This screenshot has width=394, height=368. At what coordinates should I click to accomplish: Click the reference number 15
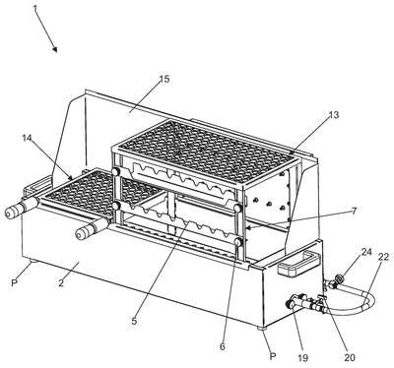(164, 79)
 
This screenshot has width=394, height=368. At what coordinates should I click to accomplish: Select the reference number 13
(334, 115)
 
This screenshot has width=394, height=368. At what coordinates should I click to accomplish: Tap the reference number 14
(27, 138)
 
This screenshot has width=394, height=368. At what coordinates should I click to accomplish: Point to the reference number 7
(354, 211)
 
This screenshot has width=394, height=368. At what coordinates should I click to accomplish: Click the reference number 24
(366, 252)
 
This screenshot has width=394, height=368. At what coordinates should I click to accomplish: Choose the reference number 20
(350, 357)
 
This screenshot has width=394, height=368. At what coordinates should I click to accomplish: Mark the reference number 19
(302, 358)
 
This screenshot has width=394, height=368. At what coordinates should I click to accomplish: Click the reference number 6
(223, 346)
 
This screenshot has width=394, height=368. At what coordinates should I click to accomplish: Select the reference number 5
(134, 321)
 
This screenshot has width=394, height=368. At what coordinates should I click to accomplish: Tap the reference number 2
(61, 283)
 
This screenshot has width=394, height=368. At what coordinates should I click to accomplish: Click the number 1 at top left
(34, 9)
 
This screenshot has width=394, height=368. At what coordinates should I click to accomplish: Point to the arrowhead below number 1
(54, 49)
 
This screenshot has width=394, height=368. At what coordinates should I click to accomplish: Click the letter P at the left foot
(14, 282)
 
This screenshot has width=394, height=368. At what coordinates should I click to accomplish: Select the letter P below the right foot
(273, 356)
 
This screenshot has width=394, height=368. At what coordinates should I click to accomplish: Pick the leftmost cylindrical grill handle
(21, 208)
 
